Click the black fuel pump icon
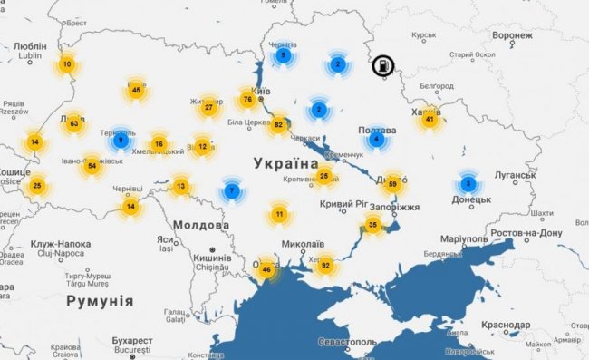coord(383,65)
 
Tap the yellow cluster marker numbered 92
coord(324,266)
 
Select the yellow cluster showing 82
coord(279,124)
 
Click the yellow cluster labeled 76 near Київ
coord(247,99)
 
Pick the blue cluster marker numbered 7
coord(233,191)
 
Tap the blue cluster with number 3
coord(468,183)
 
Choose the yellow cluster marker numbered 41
coord(430,119)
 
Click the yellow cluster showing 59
coord(392,184)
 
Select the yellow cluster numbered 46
coord(266,269)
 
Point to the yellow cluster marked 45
coord(136,90)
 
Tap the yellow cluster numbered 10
coord(67,64)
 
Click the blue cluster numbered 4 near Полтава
coord(376,140)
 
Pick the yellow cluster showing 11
coord(279,215)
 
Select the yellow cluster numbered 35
coord(373,224)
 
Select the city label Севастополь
coord(347,342)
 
